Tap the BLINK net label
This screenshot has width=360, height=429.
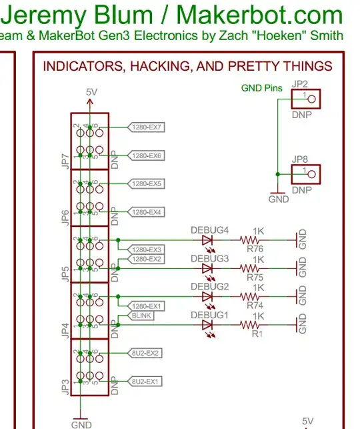click(x=142, y=315)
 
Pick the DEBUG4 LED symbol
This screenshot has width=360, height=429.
click(x=207, y=240)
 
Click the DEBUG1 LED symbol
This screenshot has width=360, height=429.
click(x=207, y=325)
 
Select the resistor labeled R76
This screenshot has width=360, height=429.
click(x=253, y=240)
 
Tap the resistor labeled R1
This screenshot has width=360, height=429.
click(x=253, y=325)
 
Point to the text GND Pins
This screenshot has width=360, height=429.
click(x=262, y=88)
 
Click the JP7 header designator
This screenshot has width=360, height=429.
click(x=65, y=160)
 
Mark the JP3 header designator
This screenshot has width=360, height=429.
click(x=65, y=386)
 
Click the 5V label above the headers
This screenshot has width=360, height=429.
click(x=91, y=91)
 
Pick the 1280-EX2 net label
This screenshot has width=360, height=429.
click(x=146, y=259)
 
